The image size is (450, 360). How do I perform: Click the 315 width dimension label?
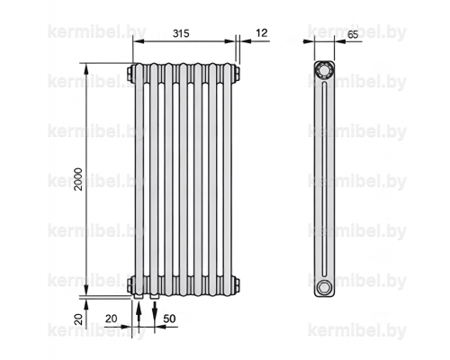(x=181, y=33)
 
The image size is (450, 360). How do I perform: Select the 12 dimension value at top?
(x=262, y=33)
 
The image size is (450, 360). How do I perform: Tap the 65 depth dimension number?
(x=353, y=34)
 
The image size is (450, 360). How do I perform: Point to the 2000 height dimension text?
(x=78, y=179)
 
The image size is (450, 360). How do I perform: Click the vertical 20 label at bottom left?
(x=78, y=319)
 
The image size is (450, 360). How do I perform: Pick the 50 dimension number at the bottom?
(x=169, y=319)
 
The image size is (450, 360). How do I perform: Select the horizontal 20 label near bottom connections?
(x=112, y=319)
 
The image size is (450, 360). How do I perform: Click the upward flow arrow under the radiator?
(x=139, y=314)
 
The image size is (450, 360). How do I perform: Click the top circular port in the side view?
(x=324, y=70)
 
